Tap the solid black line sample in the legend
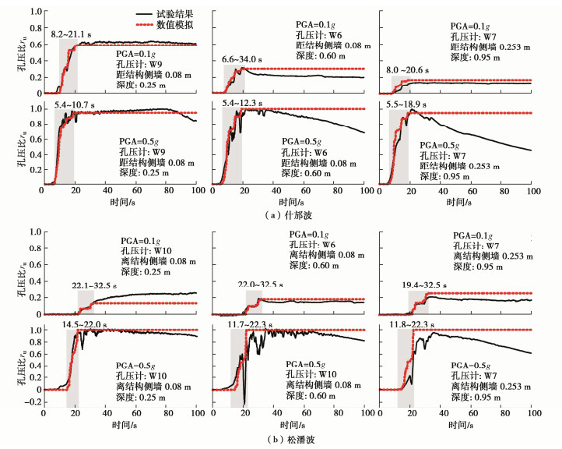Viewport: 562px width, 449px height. (143, 15)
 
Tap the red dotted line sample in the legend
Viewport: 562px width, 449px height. (143, 26)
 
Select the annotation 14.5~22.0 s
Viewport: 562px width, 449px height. (87, 323)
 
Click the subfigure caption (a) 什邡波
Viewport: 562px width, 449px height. (283, 214)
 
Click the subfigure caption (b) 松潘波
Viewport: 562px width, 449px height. (283, 439)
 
